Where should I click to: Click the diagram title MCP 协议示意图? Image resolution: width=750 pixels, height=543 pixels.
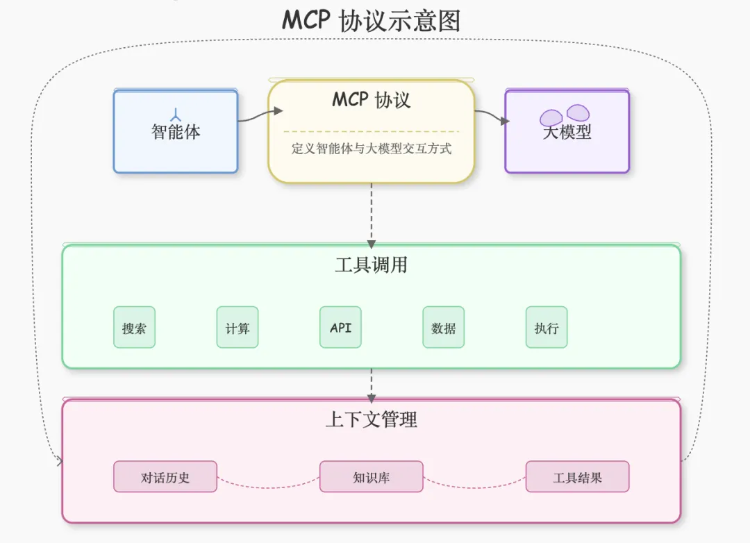(x=371, y=21)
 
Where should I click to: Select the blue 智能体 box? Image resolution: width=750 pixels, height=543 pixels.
(x=176, y=131)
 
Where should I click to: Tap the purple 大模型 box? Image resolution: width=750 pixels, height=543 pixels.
(x=567, y=131)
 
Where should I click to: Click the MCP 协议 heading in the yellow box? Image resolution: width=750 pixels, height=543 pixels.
(x=371, y=100)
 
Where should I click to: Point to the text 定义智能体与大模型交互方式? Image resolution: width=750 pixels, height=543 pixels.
(x=371, y=149)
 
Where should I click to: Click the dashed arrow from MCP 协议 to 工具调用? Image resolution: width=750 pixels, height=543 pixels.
(x=371, y=216)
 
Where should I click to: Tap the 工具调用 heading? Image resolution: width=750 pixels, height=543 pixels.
(x=371, y=265)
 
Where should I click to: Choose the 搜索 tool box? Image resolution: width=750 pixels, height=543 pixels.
(x=135, y=327)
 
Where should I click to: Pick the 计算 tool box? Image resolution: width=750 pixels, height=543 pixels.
(x=237, y=327)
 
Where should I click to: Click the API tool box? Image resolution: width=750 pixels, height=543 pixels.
(x=340, y=327)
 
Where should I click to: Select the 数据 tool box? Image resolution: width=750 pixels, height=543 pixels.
(x=443, y=327)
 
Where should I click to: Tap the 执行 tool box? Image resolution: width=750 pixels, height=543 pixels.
(x=547, y=327)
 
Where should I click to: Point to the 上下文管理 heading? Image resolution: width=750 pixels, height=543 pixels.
(x=371, y=419)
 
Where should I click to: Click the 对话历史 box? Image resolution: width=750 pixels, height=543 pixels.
(x=165, y=476)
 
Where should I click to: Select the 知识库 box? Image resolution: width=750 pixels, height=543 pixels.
(x=371, y=476)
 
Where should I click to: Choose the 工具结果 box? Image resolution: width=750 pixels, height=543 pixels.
(x=577, y=476)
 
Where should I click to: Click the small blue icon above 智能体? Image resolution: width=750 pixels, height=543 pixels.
(x=176, y=115)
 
